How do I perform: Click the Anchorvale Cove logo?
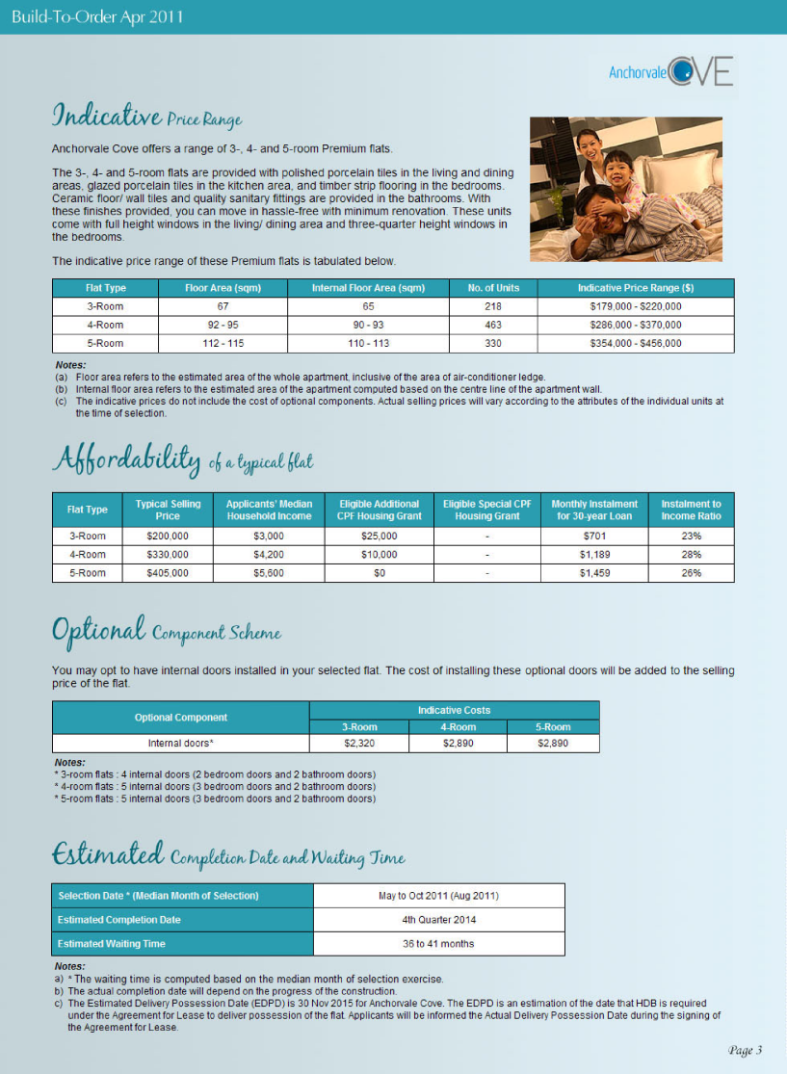671,71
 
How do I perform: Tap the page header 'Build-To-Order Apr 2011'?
97,17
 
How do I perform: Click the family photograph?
625,189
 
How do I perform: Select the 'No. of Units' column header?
493,288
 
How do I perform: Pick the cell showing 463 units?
493,325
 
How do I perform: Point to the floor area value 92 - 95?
223,325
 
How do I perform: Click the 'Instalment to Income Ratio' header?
691,510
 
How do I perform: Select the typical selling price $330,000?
168,555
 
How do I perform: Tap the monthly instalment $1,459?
594,573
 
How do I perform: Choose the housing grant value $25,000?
380,536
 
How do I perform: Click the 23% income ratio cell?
691,536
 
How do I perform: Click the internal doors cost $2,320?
359,744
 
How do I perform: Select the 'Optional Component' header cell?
181,718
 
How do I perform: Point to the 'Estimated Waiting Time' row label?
112,943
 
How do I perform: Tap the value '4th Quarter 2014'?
438,920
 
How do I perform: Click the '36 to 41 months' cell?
438,943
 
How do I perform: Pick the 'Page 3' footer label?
745,1050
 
